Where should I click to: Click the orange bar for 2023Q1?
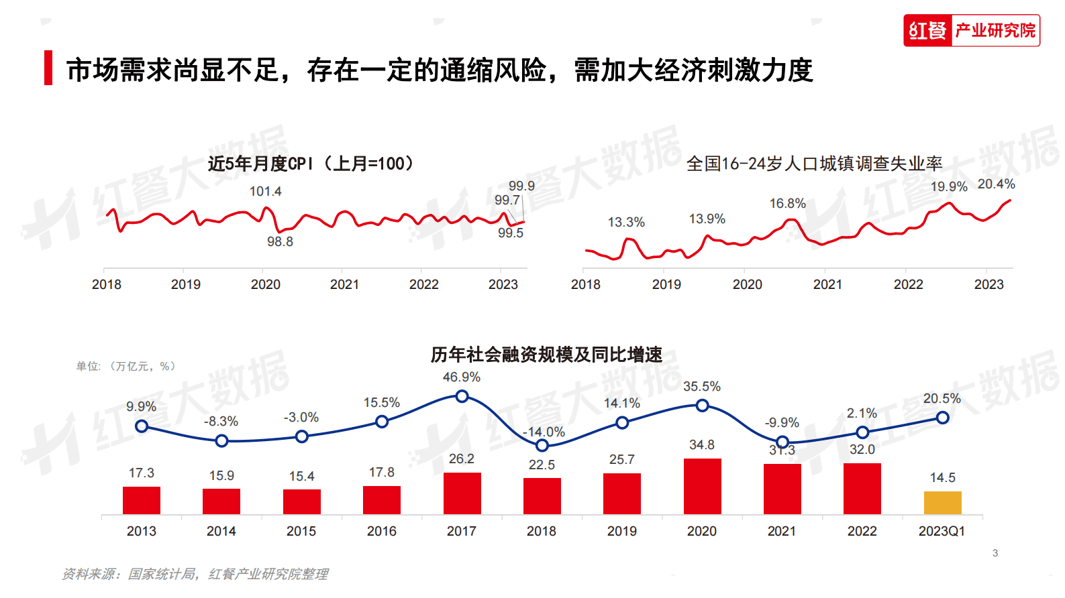[942, 503]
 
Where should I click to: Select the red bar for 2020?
[702, 487]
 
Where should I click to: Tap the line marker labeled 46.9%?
[462, 396]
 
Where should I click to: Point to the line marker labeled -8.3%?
[221, 440]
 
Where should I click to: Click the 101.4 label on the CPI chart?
[265, 191]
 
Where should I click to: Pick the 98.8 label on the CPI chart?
[280, 241]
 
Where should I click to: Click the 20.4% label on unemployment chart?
[996, 184]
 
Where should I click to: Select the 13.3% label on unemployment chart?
[625, 222]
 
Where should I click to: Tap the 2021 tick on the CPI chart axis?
[344, 284]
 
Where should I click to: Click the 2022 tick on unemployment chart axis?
[908, 284]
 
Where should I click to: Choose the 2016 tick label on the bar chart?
[381, 531]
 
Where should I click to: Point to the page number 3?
[995, 553]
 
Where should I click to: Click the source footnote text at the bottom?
[195, 574]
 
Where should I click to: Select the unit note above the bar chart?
[125, 366]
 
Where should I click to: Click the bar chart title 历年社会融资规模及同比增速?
[546, 354]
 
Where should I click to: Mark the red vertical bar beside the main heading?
[48, 68]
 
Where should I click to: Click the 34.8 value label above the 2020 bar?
[701, 444]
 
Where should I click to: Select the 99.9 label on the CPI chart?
[521, 186]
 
